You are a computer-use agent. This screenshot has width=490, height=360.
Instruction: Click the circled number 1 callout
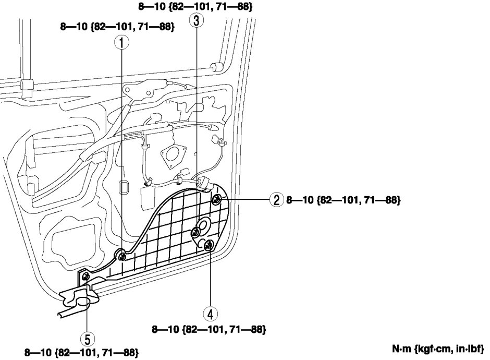tap(121, 43)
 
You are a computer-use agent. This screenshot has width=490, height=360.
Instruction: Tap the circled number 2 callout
tap(277, 199)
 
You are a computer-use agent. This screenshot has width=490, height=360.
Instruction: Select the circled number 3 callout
tap(196, 21)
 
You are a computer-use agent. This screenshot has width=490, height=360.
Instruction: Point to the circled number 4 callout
tap(210, 314)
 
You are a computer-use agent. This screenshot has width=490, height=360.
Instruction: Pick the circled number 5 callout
tap(87, 339)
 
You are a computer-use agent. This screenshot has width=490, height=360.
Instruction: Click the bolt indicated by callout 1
tap(121, 256)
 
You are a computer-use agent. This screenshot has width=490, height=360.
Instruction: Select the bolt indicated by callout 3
tap(196, 232)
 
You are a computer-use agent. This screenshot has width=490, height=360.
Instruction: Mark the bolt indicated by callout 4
tap(209, 246)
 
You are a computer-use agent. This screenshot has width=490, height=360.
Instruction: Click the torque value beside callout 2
tap(344, 200)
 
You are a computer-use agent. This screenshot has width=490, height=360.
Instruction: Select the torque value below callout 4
tap(209, 329)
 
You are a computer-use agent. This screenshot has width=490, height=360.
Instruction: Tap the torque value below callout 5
tap(81, 353)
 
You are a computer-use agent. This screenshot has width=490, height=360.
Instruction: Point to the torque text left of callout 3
tap(117, 26)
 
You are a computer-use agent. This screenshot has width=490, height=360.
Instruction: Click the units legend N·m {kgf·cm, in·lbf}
tap(438, 349)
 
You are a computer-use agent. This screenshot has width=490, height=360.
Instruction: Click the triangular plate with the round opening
tap(173, 155)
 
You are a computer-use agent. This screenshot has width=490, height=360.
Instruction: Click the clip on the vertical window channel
tap(27, 85)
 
